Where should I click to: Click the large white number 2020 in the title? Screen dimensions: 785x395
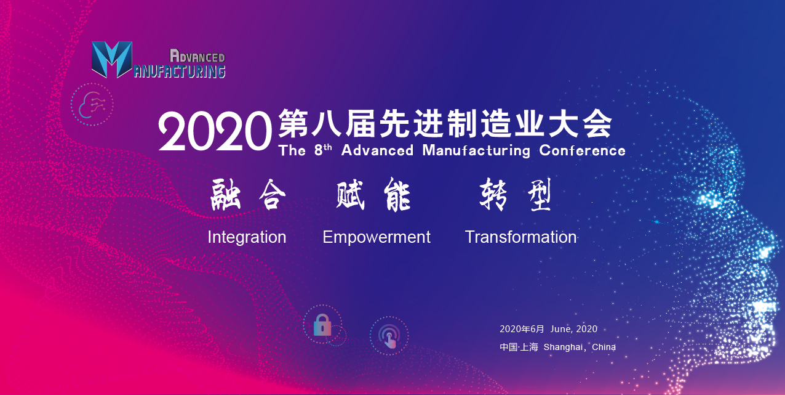[215, 131]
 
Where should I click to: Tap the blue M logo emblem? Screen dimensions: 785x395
[112, 59]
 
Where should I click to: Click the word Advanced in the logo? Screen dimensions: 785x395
[197, 56]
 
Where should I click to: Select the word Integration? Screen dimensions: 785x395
[247, 237]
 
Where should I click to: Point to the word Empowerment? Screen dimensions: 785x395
[377, 238]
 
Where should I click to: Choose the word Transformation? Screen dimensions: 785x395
[520, 237]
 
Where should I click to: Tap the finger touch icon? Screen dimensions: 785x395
[389, 336]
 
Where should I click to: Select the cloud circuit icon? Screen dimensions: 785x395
[92, 105]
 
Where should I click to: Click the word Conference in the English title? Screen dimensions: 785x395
[582, 150]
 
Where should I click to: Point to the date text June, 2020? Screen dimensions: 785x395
[574, 329]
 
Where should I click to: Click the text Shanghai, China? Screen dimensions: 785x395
[580, 348]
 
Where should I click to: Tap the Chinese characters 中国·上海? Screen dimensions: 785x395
[519, 348]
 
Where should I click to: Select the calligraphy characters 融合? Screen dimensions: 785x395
[248, 195]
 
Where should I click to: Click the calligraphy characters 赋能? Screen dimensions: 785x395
[373, 195]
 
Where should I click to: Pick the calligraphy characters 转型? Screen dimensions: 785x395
[515, 195]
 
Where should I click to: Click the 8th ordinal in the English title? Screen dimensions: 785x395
[323, 150]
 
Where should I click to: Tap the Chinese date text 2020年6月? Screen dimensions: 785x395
[522, 329]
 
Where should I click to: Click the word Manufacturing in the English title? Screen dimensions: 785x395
[476, 151]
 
